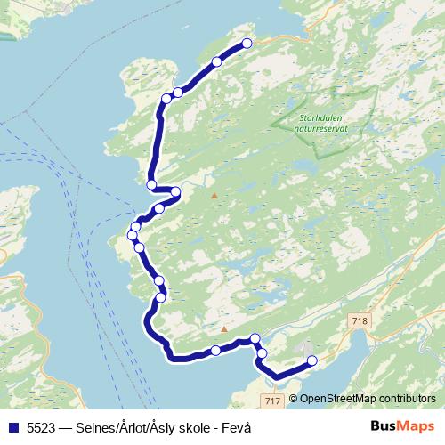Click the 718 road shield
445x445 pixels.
pos(360,320)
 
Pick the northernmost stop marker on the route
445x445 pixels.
pos(247,44)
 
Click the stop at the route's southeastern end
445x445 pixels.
pos(311,360)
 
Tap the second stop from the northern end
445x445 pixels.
pos(217,61)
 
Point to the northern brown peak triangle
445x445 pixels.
pos(214,195)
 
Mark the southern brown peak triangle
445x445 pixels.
pos(224,329)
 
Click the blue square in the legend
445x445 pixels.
pos(12,427)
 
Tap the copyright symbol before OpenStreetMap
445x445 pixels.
pos(294,399)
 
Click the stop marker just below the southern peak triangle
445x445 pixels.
pos(215,351)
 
